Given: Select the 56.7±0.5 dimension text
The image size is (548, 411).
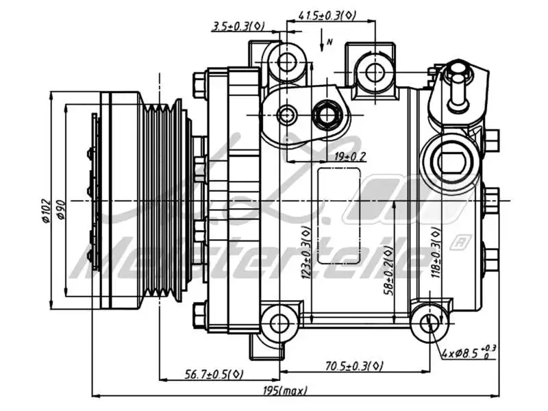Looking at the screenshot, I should [x=214, y=374].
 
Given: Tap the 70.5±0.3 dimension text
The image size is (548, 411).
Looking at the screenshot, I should [x=353, y=366].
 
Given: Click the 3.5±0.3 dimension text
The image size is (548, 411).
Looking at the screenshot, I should [x=238, y=26].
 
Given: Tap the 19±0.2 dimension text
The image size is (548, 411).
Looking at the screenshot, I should [x=350, y=157].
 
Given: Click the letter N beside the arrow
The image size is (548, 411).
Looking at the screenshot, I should [x=329, y=42].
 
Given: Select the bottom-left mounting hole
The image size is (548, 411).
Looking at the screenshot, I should [x=279, y=323].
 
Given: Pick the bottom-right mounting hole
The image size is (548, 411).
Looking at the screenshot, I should [x=429, y=323].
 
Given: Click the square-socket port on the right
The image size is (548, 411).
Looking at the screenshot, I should [x=451, y=164].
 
